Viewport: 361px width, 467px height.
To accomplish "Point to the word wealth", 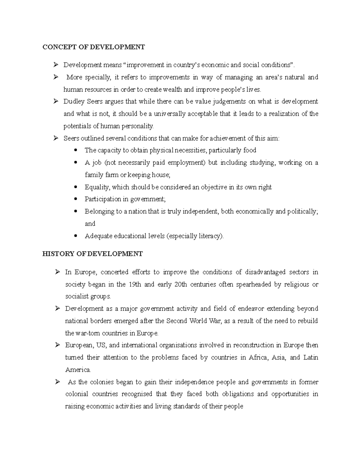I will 173,90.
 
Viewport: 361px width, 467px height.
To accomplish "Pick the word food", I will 250,150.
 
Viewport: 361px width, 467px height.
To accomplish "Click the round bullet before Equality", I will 76,187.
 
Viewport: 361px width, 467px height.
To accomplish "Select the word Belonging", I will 99,211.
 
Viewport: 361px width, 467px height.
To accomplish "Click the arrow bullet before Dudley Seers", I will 56,102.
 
